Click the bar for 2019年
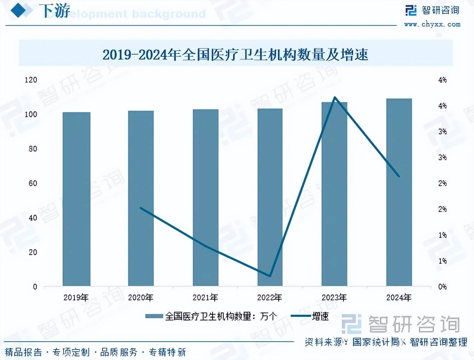click(x=76, y=199)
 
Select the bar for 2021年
click(x=205, y=198)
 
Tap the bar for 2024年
click(x=399, y=192)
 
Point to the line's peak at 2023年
click(x=335, y=97)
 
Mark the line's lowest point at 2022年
click(x=270, y=276)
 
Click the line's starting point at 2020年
click(x=141, y=208)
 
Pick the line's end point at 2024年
click(x=399, y=176)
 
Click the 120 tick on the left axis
click(x=31, y=80)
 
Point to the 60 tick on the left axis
click(x=33, y=183)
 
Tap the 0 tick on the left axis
click(x=35, y=287)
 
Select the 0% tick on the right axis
click(x=442, y=287)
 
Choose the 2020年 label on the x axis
click(x=141, y=297)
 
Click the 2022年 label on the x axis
click(x=270, y=297)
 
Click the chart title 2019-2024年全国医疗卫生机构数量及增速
click(x=236, y=55)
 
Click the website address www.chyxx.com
click(x=432, y=24)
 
